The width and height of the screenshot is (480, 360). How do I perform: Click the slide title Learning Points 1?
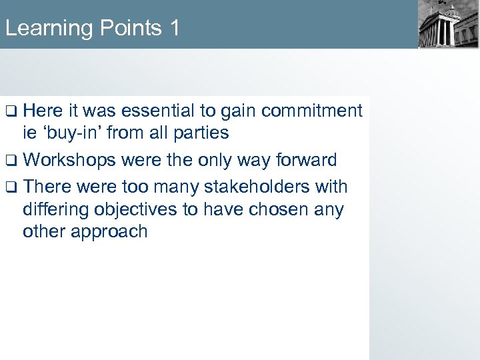[92, 28]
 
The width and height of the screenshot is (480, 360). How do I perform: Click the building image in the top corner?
[448, 25]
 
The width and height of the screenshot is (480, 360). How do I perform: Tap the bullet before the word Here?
[11, 111]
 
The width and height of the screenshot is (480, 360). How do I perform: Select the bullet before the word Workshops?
[11, 160]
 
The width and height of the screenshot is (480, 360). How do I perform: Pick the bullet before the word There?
[11, 187]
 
